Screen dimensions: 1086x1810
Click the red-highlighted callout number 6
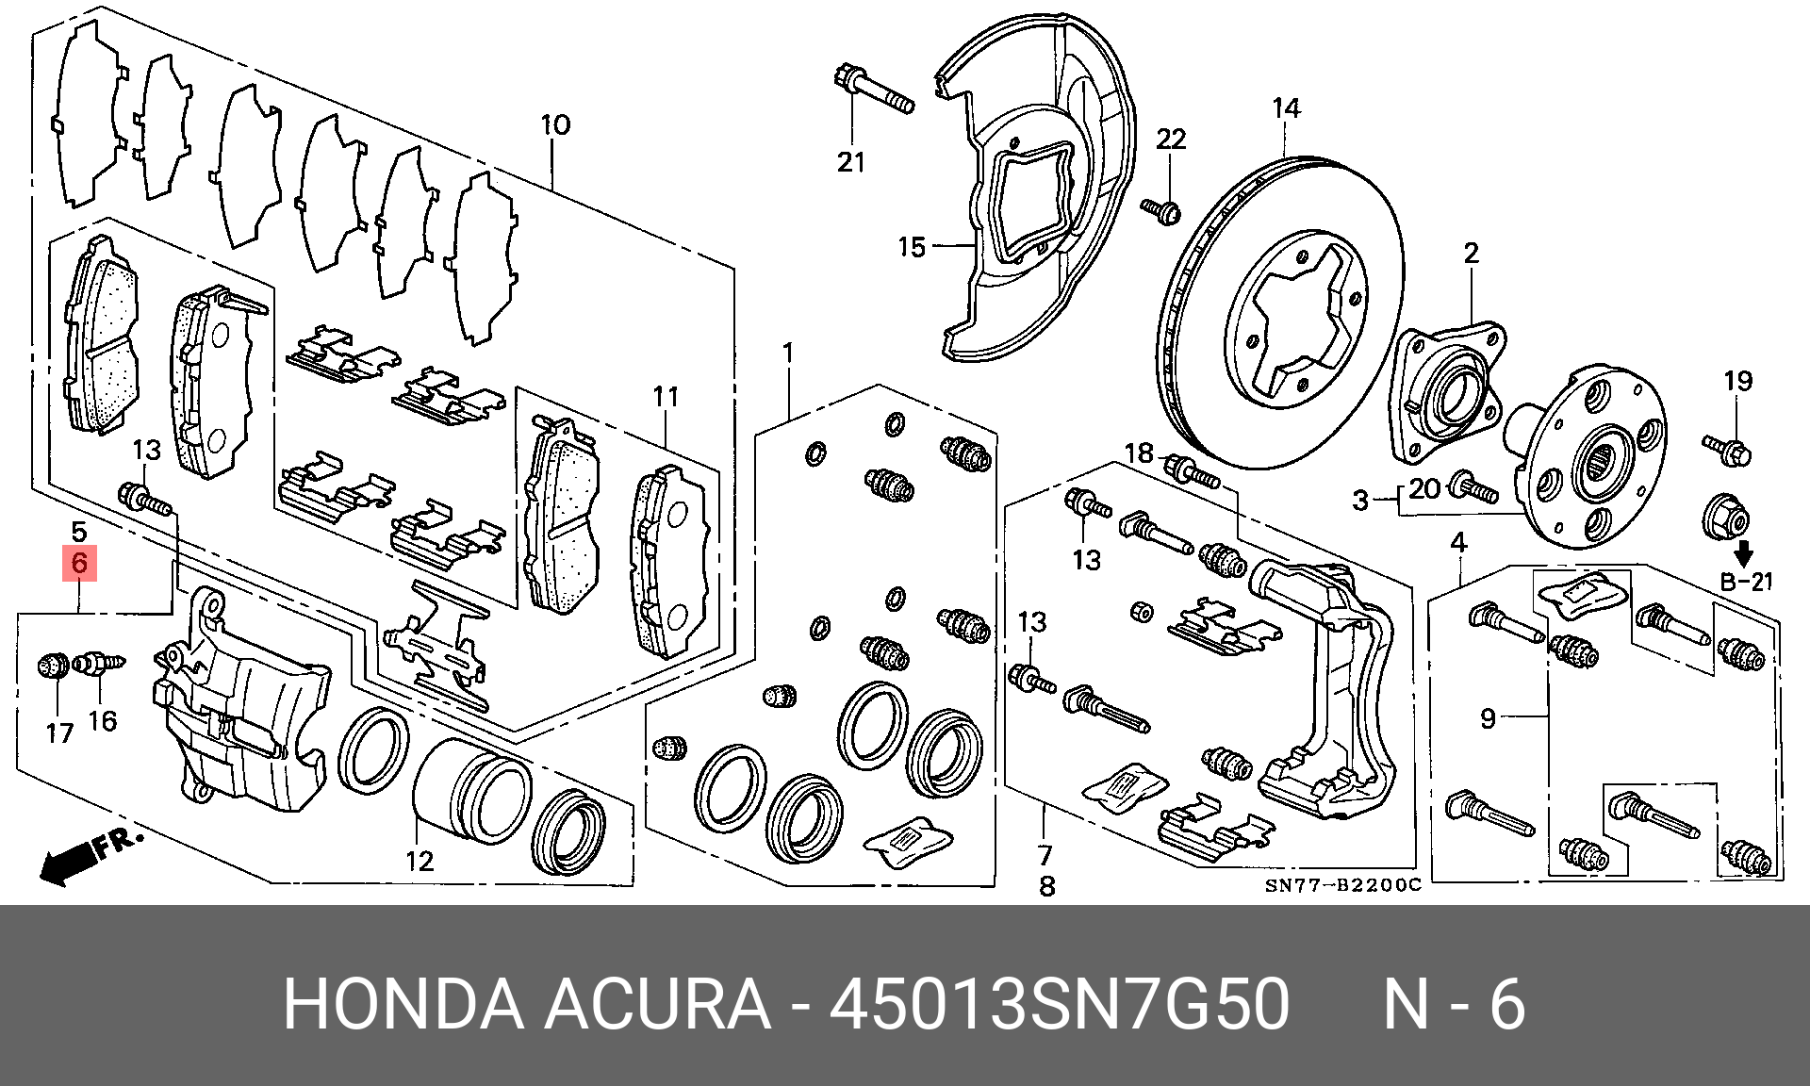tap(79, 564)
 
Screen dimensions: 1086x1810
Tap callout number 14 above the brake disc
tap(1286, 109)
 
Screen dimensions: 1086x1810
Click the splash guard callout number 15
tap(912, 247)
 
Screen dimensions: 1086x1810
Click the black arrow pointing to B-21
tap(1744, 552)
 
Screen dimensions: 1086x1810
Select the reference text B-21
tap(1747, 582)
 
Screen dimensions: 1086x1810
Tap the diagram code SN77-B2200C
tap(1342, 885)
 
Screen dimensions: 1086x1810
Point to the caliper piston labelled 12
tap(471, 790)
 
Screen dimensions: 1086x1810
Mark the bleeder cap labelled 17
tap(53, 666)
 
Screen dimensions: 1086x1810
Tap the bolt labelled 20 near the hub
tap(1473, 487)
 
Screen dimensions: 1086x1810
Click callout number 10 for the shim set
tap(555, 124)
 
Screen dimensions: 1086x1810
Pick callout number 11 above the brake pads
tap(666, 397)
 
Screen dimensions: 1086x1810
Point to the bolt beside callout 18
tap(1192, 470)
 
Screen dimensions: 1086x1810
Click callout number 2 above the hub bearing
tap(1472, 253)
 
